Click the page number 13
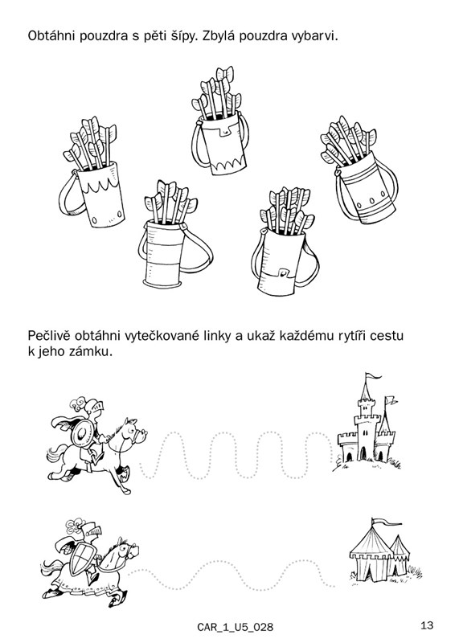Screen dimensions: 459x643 [x=427, y=625]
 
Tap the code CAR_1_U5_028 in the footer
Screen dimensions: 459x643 [x=235, y=627]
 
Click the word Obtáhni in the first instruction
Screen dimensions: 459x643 [x=51, y=35]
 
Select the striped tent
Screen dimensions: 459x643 [x=379, y=551]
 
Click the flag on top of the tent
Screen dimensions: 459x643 [x=386, y=522]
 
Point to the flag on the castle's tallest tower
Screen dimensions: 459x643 [x=372, y=376]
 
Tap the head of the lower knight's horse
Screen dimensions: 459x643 [x=128, y=549]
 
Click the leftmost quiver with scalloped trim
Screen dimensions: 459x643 [x=92, y=172]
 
